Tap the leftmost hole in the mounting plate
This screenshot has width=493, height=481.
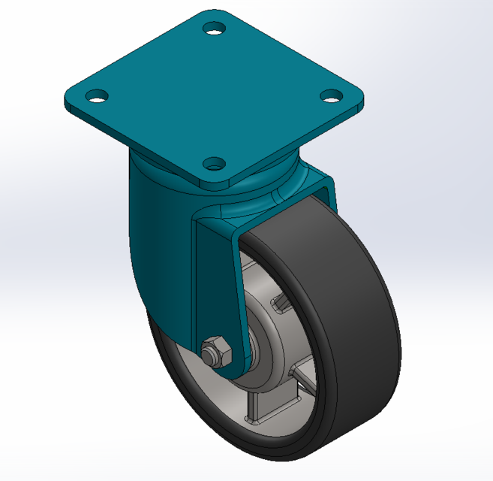coord(96,96)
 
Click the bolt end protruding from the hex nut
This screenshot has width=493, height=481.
coord(206,348)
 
